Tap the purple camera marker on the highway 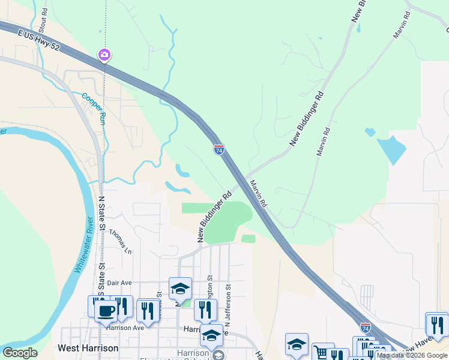(104, 56)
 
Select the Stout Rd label (43, 20)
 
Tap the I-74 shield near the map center (219, 149)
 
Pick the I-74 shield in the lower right (366, 328)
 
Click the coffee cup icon (106, 310)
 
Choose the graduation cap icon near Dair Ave (180, 289)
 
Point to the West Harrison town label (88, 348)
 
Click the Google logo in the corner (20, 353)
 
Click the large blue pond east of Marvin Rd (391, 149)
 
